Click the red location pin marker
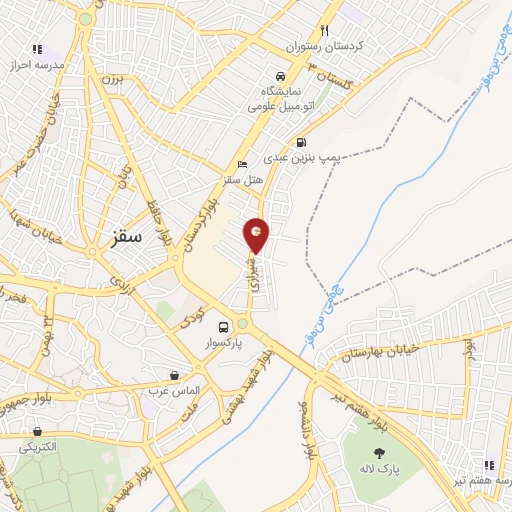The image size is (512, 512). (258, 235)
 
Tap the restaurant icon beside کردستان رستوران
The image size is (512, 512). (324, 30)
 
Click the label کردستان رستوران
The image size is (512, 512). (326, 47)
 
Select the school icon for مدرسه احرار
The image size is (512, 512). (37, 48)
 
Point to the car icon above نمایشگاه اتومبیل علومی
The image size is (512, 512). (281, 75)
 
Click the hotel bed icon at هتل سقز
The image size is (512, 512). (241, 165)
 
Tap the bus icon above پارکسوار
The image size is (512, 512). (224, 325)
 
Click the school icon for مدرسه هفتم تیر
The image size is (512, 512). (489, 465)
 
